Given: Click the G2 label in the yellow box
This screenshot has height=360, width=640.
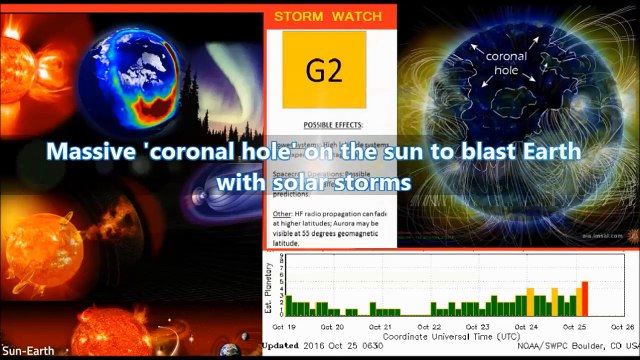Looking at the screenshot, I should coord(326,71).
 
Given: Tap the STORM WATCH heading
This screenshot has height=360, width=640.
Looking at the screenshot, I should coord(328,17).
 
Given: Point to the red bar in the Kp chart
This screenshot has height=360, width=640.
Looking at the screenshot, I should coord(585,298).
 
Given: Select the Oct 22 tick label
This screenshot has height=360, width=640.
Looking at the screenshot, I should coord(430,327).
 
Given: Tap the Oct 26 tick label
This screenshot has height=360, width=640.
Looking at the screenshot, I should coord(621,327).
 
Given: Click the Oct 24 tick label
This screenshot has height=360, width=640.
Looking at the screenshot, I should coord(526,327).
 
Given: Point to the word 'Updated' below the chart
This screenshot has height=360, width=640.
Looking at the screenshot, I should coord(280,347).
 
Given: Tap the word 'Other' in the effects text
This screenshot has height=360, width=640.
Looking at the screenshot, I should coord(281,215).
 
